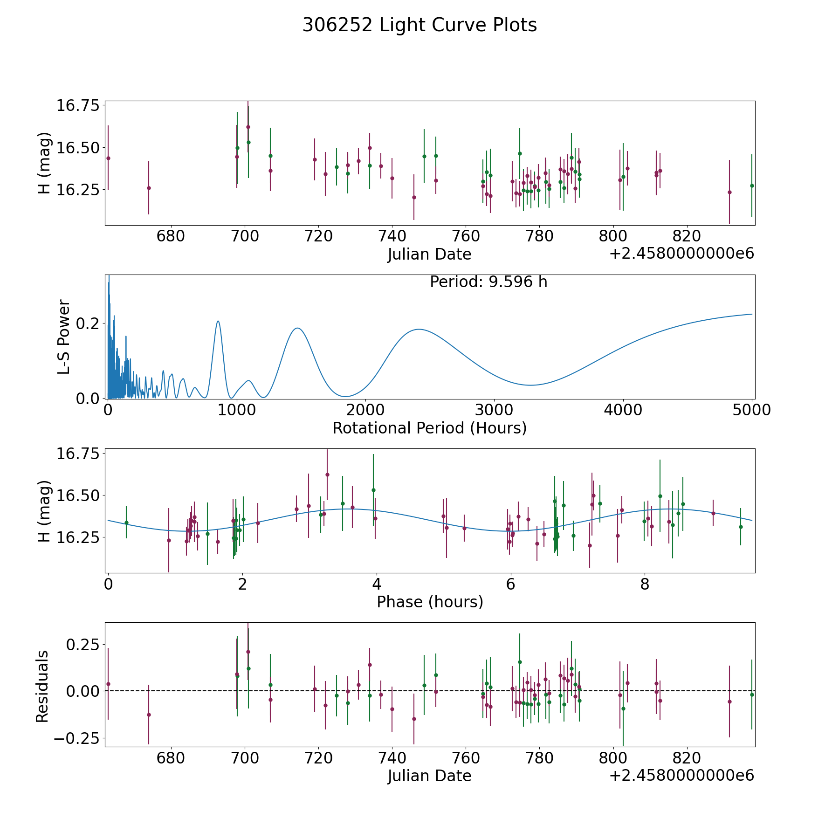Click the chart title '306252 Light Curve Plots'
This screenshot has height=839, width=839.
pyautogui.click(x=419, y=25)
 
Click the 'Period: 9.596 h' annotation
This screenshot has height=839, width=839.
pyautogui.click(x=488, y=282)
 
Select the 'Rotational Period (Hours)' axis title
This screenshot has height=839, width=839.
pyautogui.click(x=429, y=428)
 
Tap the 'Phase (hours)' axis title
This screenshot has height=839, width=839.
pyautogui.click(x=429, y=602)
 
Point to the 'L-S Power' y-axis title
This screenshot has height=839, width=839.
pyautogui.click(x=64, y=337)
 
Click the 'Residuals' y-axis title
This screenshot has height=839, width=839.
pyautogui.click(x=42, y=686)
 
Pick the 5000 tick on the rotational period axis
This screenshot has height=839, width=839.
pyautogui.click(x=751, y=410)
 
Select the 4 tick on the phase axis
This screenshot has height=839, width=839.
pyautogui.click(x=376, y=585)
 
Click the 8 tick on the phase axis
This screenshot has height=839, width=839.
pyautogui.click(x=645, y=585)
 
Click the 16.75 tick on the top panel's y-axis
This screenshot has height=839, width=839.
pyautogui.click(x=78, y=105)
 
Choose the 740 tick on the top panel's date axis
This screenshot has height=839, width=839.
pyautogui.click(x=392, y=236)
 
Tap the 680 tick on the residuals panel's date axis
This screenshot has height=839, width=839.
pyautogui.click(x=171, y=758)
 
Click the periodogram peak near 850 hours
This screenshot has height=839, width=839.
pyautogui.click(x=218, y=321)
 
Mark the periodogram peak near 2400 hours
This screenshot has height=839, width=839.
pyautogui.click(x=419, y=329)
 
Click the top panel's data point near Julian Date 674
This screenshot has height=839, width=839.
pyautogui.click(x=149, y=188)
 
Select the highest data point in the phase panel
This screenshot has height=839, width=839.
pyautogui.click(x=327, y=475)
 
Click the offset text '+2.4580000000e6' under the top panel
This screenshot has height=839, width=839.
pyautogui.click(x=681, y=254)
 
